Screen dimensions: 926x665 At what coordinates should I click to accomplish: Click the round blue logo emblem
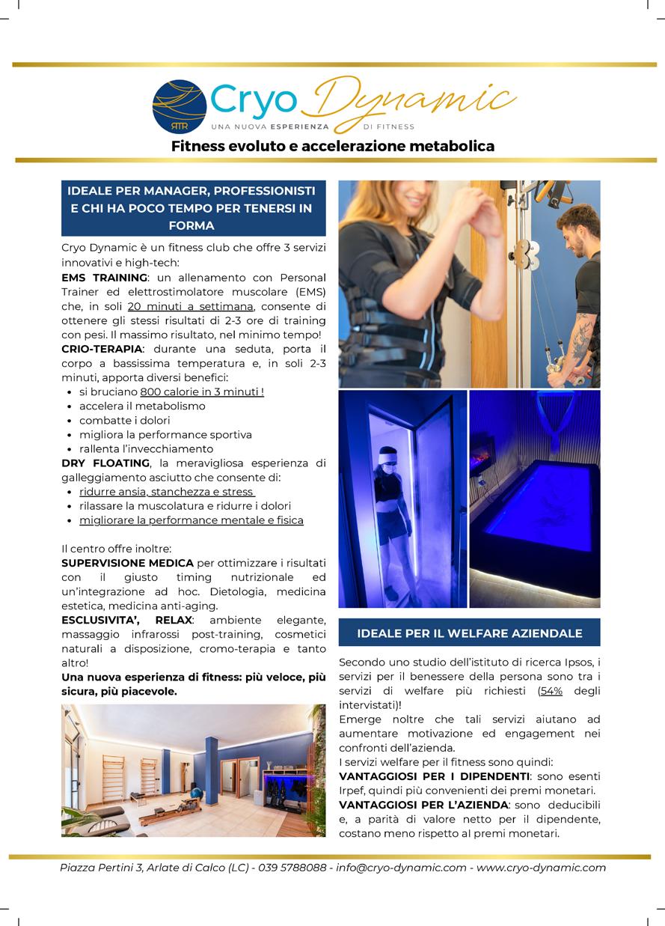[180, 106]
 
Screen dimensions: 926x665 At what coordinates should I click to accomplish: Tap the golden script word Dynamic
[413, 100]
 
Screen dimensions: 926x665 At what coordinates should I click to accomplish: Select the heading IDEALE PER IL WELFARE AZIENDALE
[470, 633]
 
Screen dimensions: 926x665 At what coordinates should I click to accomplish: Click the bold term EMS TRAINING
[104, 278]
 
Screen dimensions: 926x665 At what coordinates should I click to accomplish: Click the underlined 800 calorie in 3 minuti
[202, 392]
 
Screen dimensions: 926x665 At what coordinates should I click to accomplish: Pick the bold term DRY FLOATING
[105, 463]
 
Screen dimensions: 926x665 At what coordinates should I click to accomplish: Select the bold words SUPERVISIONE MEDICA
[127, 563]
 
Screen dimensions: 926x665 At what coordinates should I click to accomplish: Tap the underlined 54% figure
[552, 690]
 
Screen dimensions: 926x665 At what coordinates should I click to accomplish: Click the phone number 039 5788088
[292, 868]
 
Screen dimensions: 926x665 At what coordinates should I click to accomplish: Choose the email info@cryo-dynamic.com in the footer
[401, 868]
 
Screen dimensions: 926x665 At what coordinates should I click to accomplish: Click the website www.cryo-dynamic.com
[541, 868]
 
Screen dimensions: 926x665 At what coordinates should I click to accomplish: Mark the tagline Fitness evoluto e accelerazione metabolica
[333, 146]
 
